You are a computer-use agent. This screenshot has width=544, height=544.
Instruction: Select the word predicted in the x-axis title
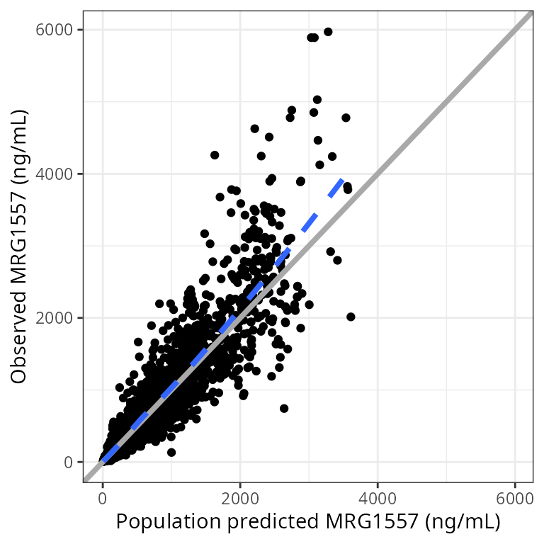pos(277,522)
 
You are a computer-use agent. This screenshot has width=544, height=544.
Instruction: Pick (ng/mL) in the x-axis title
pos(465,522)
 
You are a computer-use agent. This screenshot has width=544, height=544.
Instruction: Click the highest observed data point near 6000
pos(328,32)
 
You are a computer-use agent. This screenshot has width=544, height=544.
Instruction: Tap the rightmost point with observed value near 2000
pos(351,317)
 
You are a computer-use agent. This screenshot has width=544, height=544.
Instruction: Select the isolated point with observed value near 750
pos(284,408)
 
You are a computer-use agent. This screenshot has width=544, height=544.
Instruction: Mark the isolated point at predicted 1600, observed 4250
pos(215,154)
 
